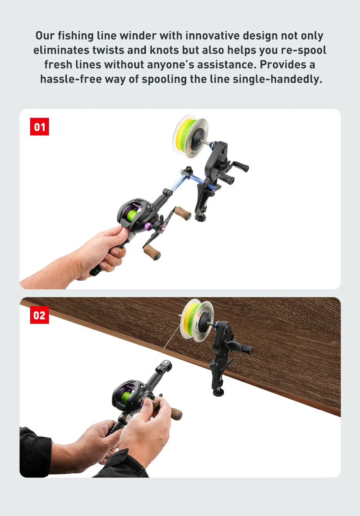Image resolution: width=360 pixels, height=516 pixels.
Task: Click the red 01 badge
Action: click(40, 126)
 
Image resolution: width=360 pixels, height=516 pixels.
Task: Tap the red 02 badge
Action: click(40, 315)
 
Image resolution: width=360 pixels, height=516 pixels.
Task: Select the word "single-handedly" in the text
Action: click(277, 79)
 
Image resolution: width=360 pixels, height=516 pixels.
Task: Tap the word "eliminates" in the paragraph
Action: click(61, 50)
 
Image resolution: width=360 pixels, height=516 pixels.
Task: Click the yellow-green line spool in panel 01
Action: click(190, 136)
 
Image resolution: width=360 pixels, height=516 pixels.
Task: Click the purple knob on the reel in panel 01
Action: click(148, 226)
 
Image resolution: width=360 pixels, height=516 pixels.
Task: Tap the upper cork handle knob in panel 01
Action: click(183, 213)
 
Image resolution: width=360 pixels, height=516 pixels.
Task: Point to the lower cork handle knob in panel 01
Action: click(152, 252)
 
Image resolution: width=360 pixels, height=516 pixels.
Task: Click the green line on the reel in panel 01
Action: click(132, 215)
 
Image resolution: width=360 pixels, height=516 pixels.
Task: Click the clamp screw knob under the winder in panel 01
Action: click(200, 217)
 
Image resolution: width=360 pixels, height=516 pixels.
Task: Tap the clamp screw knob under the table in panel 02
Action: click(218, 392)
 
